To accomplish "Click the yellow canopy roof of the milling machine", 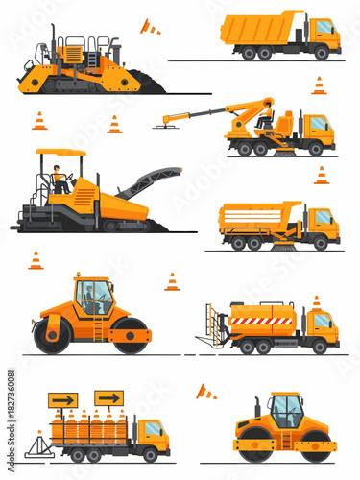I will point(60,152).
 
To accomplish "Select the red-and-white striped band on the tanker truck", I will point(261,321).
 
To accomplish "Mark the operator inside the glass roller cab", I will point(88,295).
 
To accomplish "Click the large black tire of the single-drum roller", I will point(52,333).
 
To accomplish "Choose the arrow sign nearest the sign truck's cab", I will point(108,397).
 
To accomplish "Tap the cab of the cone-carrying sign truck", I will point(152,432).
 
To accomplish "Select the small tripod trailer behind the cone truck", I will point(38,444).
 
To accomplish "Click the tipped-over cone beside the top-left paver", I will point(150,27).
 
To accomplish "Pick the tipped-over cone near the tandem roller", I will point(205,392).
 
